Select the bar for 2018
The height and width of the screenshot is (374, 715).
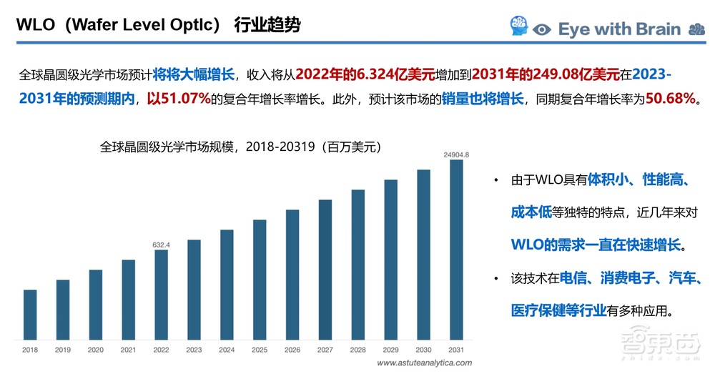(x=30, y=313)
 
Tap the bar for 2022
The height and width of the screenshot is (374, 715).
(x=161, y=293)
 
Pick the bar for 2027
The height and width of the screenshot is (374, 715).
(x=325, y=268)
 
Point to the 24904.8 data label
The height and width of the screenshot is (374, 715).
(x=455, y=154)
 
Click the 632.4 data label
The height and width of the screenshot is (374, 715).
(x=161, y=245)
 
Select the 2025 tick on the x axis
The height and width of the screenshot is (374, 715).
(x=259, y=350)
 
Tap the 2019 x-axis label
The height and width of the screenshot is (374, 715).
(x=63, y=350)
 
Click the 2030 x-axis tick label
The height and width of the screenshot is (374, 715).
(x=423, y=350)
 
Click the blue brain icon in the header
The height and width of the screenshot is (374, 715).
(x=518, y=27)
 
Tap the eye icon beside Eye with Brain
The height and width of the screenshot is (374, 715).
(x=543, y=29)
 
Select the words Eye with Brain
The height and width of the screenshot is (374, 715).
(x=619, y=29)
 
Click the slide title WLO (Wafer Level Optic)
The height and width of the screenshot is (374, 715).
(x=157, y=26)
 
